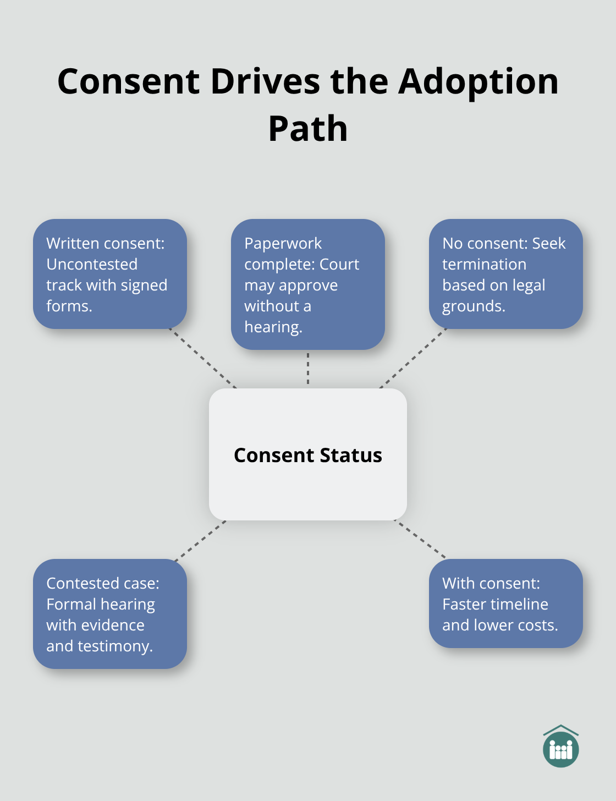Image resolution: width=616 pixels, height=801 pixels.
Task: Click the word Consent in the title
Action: tap(128, 81)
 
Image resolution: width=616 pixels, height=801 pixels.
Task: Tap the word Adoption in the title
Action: tap(478, 81)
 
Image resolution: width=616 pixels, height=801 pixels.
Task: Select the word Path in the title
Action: tap(308, 129)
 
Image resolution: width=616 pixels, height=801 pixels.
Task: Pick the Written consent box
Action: tap(110, 274)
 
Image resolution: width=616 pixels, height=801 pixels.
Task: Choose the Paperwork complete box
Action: tap(308, 284)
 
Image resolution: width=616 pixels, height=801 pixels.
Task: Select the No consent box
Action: tap(505, 274)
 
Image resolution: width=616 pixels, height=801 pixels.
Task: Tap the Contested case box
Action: tap(110, 614)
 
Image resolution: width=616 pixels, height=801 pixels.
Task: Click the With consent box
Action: tap(505, 604)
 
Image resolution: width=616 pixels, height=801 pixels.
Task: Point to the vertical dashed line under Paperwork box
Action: tap(308, 369)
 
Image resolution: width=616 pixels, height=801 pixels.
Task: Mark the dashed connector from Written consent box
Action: tap(204, 359)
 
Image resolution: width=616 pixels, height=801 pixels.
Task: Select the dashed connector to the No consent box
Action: tap(413, 359)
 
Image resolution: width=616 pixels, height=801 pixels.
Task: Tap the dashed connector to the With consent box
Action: tap(421, 540)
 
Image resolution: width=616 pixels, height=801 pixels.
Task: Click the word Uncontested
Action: tap(92, 264)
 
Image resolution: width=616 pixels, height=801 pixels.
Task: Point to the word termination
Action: tap(484, 264)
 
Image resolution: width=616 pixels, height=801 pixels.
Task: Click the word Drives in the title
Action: tap(265, 81)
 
